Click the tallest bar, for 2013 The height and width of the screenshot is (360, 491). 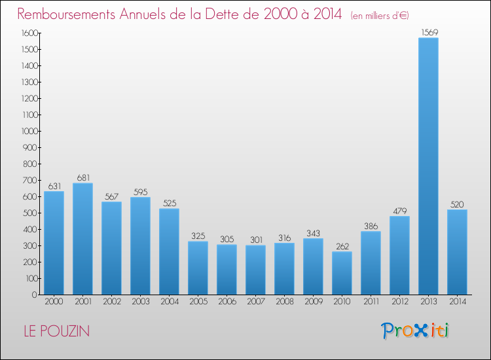coord(428,166)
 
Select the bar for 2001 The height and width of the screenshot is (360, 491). coord(82,239)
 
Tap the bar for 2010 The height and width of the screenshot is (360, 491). coord(342,273)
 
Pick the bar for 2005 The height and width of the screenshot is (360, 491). coord(198,268)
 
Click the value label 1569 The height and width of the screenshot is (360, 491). coord(429,32)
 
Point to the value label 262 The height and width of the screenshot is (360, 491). coord(342,246)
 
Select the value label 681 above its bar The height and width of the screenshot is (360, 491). coord(83,178)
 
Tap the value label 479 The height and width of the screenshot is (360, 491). coord(400,211)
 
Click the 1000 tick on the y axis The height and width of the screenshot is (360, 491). coord(30,131)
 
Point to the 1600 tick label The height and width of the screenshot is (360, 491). coord(30,33)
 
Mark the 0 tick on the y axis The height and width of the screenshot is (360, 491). coord(35,295)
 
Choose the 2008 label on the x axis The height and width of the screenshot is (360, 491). coord(285,302)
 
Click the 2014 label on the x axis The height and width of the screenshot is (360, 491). coord(458,302)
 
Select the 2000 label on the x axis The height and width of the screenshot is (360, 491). coord(54,302)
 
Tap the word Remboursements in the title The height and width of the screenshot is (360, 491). coord(66,14)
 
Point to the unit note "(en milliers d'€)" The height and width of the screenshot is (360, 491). coord(380,16)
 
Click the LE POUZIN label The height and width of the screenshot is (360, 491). coord(57,331)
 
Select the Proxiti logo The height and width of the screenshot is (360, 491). coord(415,331)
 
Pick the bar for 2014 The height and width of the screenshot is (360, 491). coord(457,252)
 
